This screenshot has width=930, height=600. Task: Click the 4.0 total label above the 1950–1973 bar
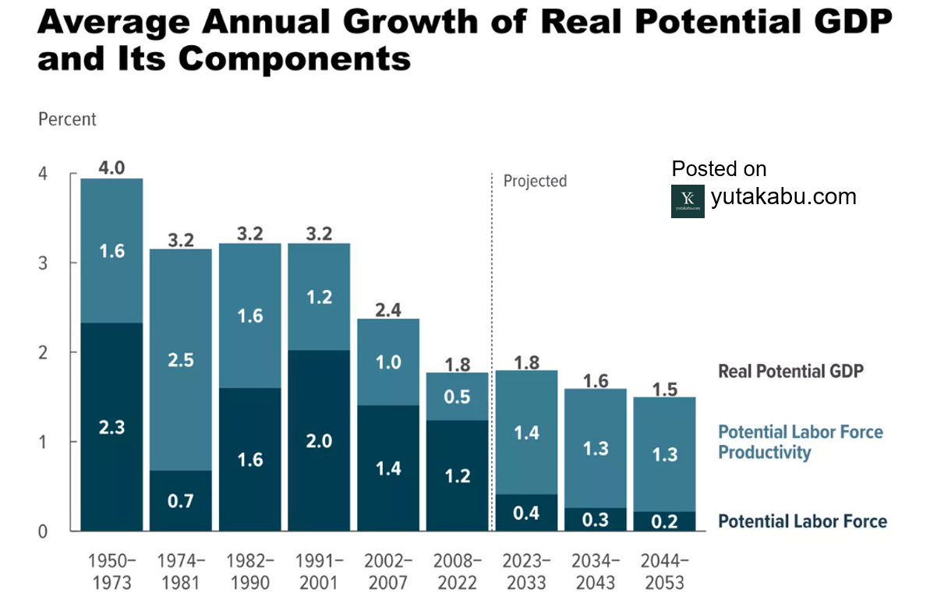(x=112, y=168)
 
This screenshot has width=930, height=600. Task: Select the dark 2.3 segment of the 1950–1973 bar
(x=112, y=427)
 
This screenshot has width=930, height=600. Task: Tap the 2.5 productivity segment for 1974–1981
(x=181, y=360)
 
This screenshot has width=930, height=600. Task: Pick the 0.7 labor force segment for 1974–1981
(x=181, y=501)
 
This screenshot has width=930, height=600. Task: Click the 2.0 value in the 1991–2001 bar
(x=320, y=441)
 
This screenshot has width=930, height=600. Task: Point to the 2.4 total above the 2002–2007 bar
(x=388, y=309)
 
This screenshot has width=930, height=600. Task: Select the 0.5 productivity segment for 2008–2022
(x=458, y=397)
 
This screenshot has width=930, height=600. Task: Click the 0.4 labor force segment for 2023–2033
(x=527, y=514)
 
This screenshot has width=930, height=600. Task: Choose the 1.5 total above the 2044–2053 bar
(x=665, y=387)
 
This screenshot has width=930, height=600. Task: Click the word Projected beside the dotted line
(x=535, y=181)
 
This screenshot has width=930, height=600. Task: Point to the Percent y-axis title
(x=67, y=119)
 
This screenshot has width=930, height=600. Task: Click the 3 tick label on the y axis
(x=44, y=263)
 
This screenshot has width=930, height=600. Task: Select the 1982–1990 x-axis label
(x=250, y=571)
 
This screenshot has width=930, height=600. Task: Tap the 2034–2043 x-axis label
(x=596, y=571)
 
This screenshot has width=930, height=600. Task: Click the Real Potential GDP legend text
(x=790, y=371)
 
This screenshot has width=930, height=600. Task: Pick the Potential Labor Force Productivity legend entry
(x=800, y=442)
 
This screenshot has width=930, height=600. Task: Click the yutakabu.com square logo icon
(x=688, y=201)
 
